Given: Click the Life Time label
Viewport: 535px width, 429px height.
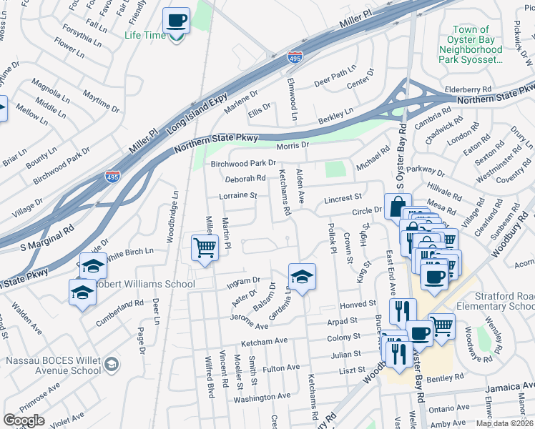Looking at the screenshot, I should coord(145,34).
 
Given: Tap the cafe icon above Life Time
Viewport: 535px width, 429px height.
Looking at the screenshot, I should coord(176,21).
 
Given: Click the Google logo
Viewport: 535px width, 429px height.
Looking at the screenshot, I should coord(24,420).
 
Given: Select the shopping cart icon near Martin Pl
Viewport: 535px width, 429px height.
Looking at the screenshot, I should coord(205,247).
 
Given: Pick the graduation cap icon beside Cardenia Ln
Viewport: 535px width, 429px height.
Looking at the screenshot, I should coord(302,276).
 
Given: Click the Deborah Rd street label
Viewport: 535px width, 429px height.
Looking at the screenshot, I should coord(245,179).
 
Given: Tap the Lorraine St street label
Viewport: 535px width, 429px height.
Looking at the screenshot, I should coord(239,194).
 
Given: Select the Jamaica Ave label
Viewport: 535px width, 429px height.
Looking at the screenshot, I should coord(508,387).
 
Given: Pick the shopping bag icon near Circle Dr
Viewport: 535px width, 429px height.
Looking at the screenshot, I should coord(398,207).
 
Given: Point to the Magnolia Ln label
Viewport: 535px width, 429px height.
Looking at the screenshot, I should coord(46,92).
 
